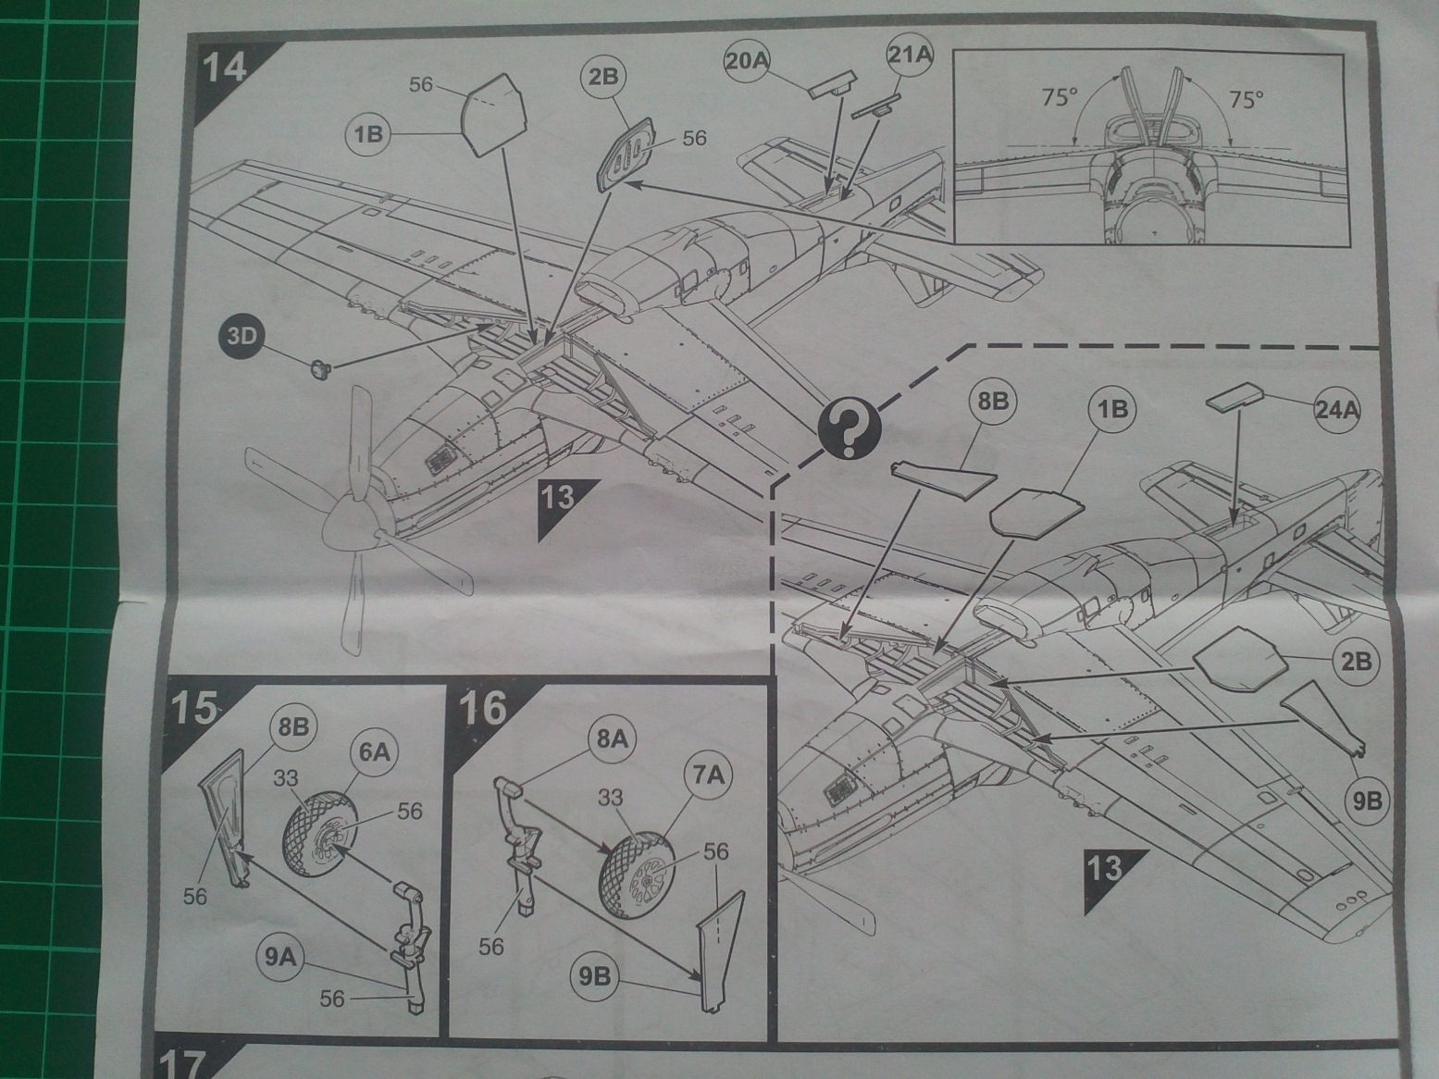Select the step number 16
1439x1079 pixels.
(x=483, y=711)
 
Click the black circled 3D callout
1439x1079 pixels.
(x=242, y=336)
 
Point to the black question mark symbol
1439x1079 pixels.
(x=850, y=429)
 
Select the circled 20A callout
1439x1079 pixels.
(x=746, y=61)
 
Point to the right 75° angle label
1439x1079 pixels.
(x=1247, y=99)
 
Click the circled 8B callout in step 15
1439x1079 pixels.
(x=293, y=726)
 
